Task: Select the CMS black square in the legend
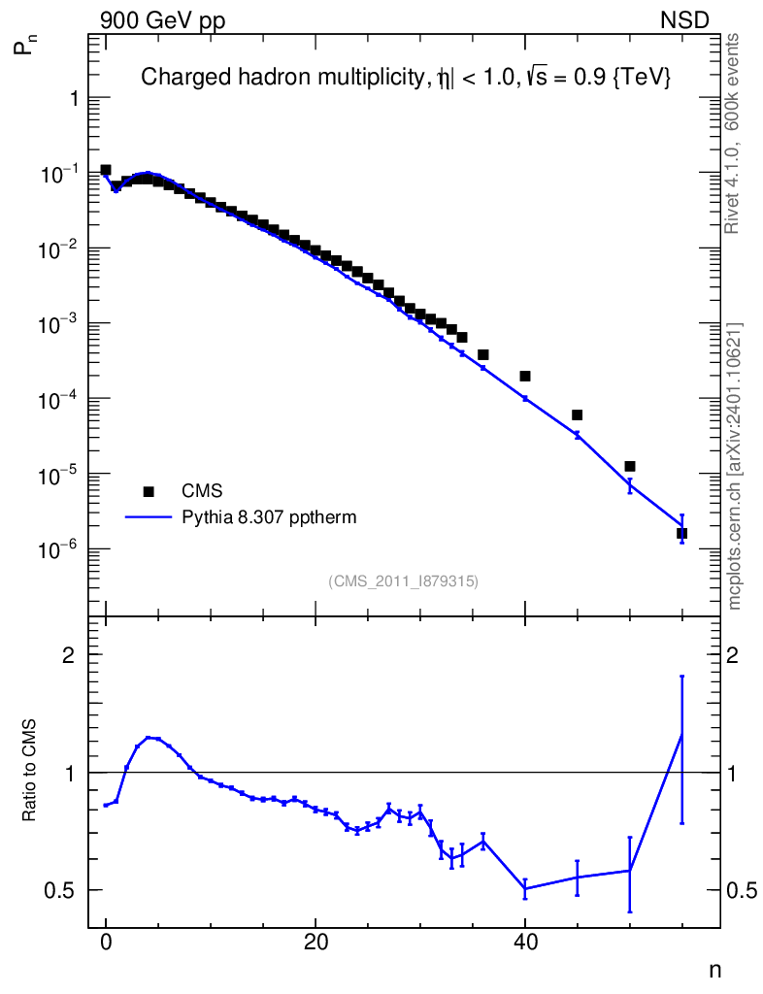pos(149,491)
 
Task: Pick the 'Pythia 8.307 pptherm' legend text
pos(269,517)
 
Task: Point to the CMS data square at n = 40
pos(525,376)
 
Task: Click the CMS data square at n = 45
pos(578,414)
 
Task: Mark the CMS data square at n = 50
pos(630,466)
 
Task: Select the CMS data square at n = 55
pos(682,533)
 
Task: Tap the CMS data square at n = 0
pos(106,170)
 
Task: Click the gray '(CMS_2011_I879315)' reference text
pos(404,580)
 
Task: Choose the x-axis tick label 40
pos(525,941)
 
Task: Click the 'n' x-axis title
pos(715,969)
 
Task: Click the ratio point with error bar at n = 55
pos(682,735)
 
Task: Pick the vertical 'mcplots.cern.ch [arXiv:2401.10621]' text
pos(735,465)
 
